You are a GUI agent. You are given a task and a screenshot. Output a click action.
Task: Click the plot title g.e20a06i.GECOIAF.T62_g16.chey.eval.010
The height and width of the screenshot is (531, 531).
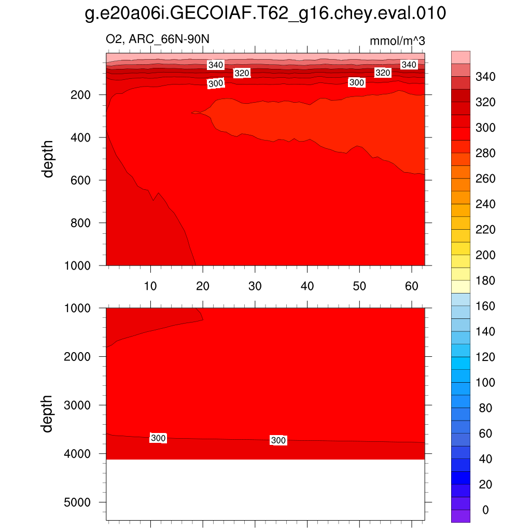(x=265, y=14)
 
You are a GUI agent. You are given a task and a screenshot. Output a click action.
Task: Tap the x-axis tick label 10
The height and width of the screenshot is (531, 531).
(x=150, y=286)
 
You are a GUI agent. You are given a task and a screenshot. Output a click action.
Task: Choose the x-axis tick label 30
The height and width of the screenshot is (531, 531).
(x=255, y=286)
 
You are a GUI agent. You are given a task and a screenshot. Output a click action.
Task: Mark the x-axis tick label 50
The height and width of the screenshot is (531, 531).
(x=359, y=286)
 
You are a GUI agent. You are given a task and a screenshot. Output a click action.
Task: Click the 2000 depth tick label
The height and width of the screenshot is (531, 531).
(x=77, y=357)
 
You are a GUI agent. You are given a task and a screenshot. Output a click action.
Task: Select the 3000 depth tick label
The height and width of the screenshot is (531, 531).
(x=77, y=405)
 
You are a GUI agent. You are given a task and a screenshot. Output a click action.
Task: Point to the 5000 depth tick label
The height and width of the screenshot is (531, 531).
(x=77, y=502)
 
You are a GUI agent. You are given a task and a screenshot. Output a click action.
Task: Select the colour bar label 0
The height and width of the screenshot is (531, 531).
(x=485, y=510)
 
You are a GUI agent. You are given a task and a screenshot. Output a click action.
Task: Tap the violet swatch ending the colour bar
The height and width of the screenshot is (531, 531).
(x=461, y=516)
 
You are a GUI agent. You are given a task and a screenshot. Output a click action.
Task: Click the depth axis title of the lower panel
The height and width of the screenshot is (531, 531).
(x=48, y=413)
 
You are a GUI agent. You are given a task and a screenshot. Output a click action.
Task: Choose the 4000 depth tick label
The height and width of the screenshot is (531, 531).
(x=77, y=454)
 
